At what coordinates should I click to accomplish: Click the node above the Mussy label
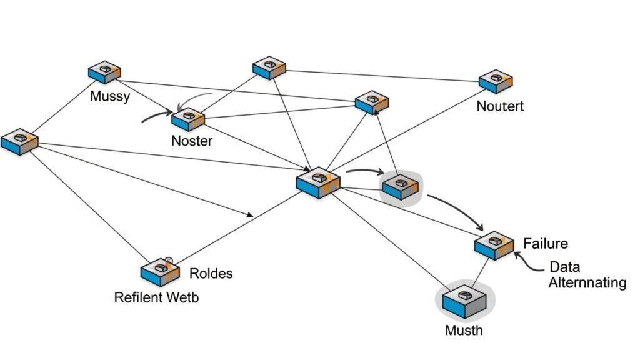[x=104, y=72]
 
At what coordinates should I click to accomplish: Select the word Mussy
[x=110, y=96]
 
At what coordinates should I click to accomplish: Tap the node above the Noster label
[x=188, y=118]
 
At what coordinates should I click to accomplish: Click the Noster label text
[x=192, y=141]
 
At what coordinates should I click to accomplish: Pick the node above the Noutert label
[x=496, y=81]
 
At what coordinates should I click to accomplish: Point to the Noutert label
[x=500, y=106]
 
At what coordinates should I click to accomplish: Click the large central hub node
[x=319, y=182]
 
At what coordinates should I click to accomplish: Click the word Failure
[x=545, y=243]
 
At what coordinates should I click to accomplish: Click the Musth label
[x=464, y=330]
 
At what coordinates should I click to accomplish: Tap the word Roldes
[x=211, y=274]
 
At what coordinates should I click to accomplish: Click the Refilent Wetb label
[x=156, y=297]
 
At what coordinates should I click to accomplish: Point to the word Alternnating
[x=587, y=283]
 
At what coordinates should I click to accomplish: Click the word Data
[x=564, y=267]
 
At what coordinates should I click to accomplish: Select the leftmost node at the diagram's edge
[x=19, y=141]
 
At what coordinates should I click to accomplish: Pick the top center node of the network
[x=269, y=67]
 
